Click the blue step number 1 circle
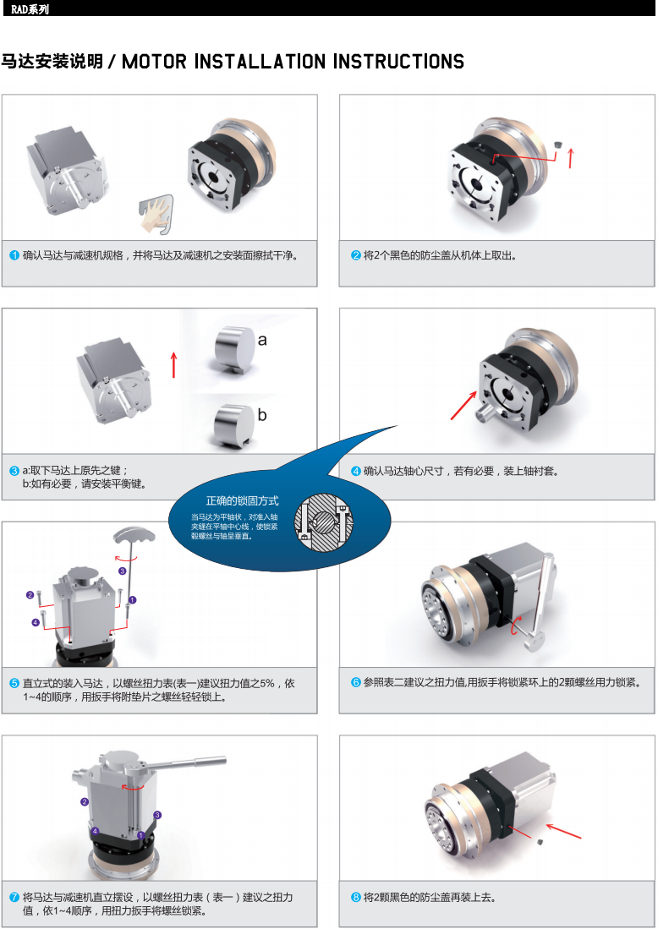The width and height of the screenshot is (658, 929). tap(15, 255)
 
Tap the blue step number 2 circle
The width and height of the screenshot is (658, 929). tap(356, 255)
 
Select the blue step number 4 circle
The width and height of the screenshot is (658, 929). tap(356, 471)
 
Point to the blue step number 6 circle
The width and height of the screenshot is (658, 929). tap(356, 682)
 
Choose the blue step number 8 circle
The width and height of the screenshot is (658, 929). tap(356, 897)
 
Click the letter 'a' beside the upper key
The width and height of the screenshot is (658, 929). tap(262, 340)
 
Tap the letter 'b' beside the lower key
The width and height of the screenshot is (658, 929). tap(262, 414)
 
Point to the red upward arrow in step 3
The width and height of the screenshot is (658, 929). tap(173, 365)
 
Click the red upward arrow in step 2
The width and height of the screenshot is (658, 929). tap(571, 157)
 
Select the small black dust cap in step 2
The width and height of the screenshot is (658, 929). tap(557, 145)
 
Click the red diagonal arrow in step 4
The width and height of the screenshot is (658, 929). tap(463, 405)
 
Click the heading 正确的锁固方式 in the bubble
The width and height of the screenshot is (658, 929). tap(242, 500)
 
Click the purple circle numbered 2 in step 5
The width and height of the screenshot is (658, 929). tap(30, 595)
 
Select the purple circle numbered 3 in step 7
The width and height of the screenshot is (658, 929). tap(157, 815)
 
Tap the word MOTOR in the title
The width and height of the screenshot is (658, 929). tap(154, 62)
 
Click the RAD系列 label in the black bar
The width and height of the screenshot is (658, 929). tap(30, 9)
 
